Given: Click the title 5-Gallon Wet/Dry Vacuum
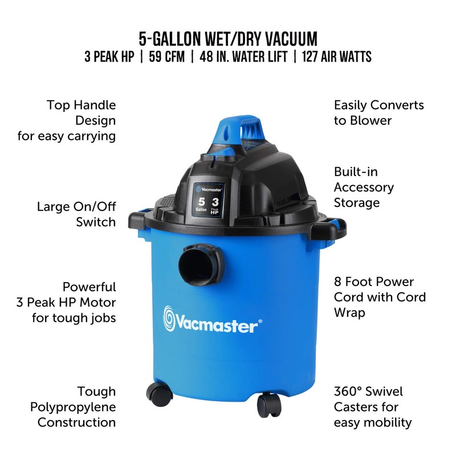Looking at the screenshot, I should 228,39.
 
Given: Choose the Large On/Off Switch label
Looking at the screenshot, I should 76,214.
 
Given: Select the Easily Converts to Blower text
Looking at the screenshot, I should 378,112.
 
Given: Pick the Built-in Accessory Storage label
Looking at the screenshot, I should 364,187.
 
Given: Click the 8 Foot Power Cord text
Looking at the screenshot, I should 379,297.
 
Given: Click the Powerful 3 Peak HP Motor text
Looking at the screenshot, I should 74,302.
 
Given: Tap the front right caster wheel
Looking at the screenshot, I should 270,406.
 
